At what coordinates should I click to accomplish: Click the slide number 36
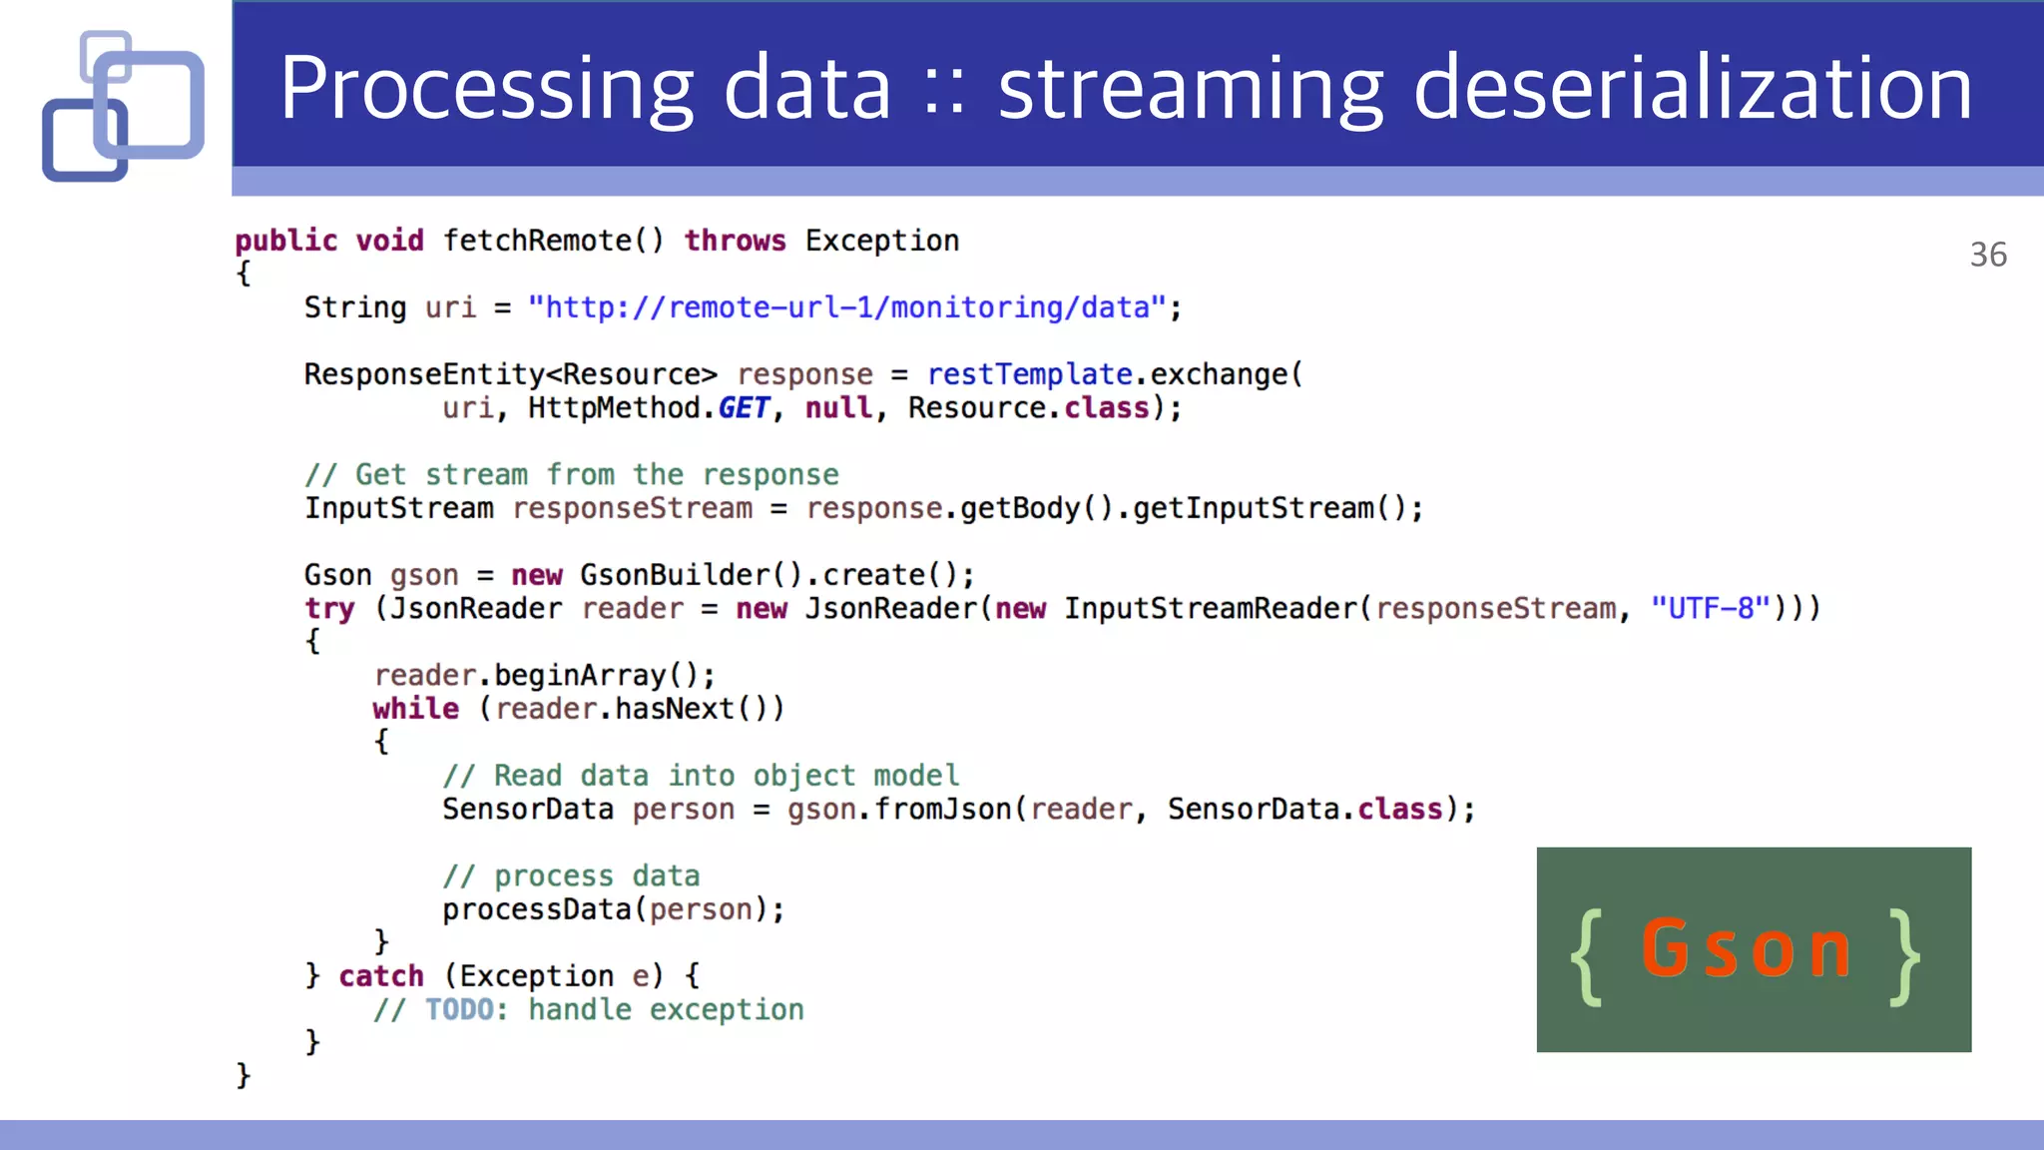click(1988, 255)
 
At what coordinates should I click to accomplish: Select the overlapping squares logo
click(123, 106)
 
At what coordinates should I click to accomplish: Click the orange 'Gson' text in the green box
click(1747, 948)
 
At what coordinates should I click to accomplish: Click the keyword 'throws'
click(735, 241)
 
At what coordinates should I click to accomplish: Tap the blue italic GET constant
click(744, 408)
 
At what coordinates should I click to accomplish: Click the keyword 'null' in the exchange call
click(838, 408)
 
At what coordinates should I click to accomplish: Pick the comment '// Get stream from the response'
click(572, 475)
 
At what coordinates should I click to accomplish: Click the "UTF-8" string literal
click(1711, 608)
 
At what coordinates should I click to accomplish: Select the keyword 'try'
click(329, 609)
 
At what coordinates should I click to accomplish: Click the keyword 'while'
click(416, 709)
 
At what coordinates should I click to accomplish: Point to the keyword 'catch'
click(381, 976)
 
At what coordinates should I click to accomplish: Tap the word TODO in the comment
click(459, 1010)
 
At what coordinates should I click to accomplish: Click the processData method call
click(537, 909)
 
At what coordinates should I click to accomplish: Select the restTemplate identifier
click(1029, 374)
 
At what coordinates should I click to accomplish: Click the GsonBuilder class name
click(675, 575)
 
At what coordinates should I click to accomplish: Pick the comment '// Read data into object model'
click(702, 776)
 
